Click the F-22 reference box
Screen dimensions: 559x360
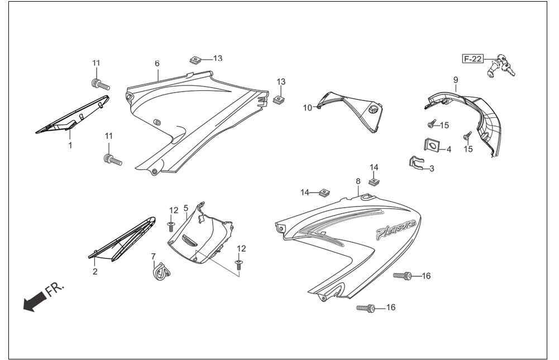pos(473,59)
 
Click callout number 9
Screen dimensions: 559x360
pos(456,80)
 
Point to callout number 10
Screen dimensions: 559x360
pos(307,108)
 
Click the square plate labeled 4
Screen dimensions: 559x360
pos(431,146)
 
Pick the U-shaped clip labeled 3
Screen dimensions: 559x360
pos(416,163)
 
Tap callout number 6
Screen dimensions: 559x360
pos(157,64)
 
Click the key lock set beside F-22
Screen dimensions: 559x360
pos(500,66)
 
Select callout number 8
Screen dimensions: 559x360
pos(358,181)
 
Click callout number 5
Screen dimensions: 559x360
pos(186,208)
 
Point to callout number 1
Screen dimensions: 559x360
pos(70,145)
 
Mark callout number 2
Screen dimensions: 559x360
pos(95,271)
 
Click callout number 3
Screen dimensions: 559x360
pos(432,169)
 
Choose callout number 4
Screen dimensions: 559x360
pos(449,150)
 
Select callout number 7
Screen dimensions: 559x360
pos(154,256)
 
